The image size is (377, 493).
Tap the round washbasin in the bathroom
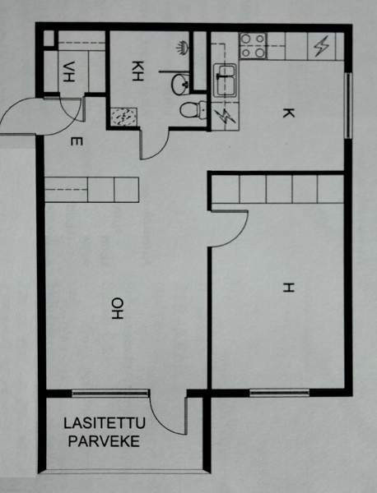[180, 82]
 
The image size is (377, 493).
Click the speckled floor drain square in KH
[125, 116]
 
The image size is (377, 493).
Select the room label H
[287, 288]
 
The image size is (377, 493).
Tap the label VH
[67, 71]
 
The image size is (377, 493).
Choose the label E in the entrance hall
[75, 143]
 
